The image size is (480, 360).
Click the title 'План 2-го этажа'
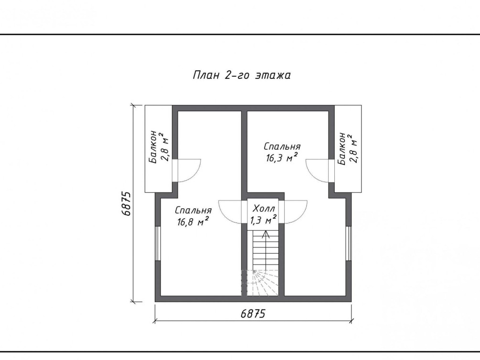(x=242, y=75)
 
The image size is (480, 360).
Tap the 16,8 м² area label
(x=193, y=222)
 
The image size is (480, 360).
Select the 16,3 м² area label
(x=282, y=158)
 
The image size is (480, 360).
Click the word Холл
(x=264, y=209)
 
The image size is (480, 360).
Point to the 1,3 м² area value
(x=264, y=220)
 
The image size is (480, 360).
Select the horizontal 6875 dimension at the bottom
(x=253, y=314)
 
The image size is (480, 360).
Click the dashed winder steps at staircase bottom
(x=260, y=283)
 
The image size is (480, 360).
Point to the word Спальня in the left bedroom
(x=193, y=210)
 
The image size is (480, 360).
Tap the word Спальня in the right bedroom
(x=282, y=146)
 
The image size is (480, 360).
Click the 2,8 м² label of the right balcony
(x=353, y=148)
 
